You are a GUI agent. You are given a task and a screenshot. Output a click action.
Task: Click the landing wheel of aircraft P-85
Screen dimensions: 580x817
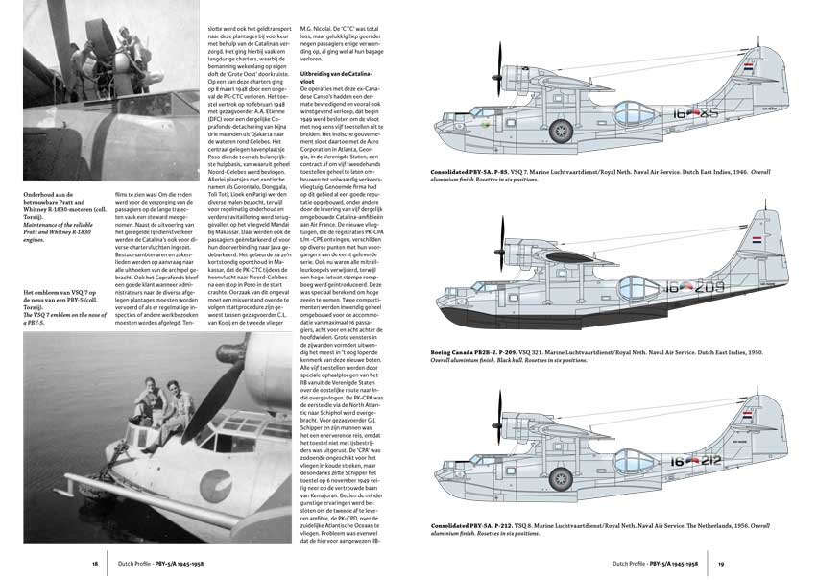(x=561, y=130)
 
